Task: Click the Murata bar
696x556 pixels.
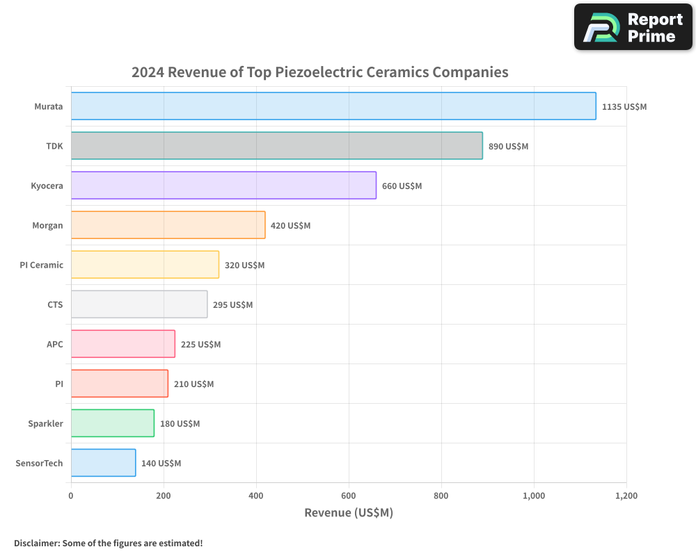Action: (333, 106)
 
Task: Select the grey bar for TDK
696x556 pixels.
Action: (276, 146)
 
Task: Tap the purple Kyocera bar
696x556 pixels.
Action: (223, 186)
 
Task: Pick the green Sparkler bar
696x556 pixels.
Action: (112, 423)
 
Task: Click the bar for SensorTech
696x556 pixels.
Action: (103, 463)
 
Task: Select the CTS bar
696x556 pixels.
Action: (139, 304)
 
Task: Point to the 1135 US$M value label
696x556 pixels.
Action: (624, 107)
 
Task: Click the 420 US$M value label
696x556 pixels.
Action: (290, 226)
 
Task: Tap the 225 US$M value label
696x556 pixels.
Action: (200, 345)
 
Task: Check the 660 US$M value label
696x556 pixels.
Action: (402, 186)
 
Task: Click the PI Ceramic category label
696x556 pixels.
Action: (42, 265)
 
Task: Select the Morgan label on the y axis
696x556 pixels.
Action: (47, 225)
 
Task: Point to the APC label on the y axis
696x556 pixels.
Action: (54, 344)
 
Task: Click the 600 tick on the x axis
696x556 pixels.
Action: (349, 496)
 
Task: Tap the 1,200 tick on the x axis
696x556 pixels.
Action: (626, 496)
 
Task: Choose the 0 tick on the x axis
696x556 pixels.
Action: (71, 496)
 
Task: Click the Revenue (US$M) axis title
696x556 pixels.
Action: (349, 513)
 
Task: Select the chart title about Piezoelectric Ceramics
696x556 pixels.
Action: (320, 72)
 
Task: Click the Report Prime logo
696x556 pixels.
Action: (633, 27)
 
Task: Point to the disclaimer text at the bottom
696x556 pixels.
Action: (108, 543)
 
